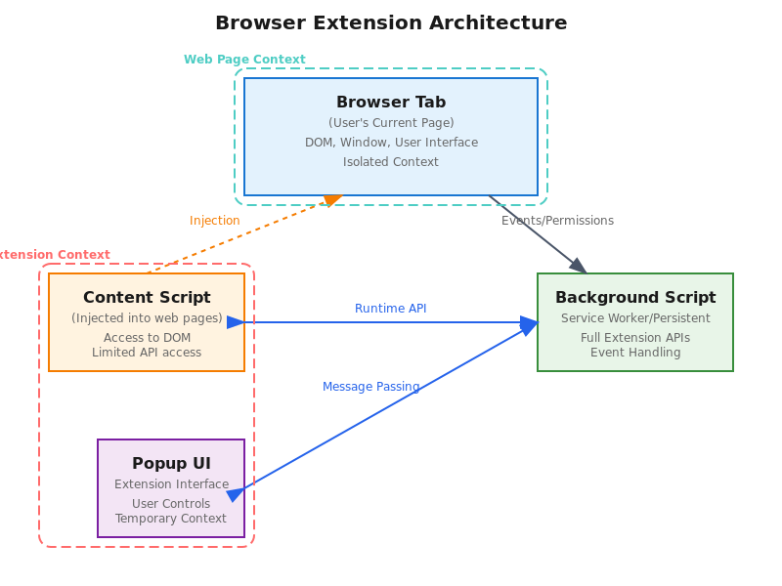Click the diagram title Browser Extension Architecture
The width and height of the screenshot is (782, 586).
click(x=391, y=22)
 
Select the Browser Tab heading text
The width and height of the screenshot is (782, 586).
click(x=391, y=103)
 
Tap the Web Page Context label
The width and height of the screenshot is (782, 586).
click(x=244, y=60)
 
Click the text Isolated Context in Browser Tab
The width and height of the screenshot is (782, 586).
click(x=391, y=162)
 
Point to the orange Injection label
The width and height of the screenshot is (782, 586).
click(x=215, y=221)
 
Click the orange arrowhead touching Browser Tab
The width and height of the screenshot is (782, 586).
click(x=333, y=200)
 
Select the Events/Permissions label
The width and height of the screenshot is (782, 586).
click(x=558, y=221)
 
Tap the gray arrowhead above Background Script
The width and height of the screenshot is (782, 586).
click(x=578, y=265)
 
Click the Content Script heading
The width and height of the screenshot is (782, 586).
click(x=147, y=298)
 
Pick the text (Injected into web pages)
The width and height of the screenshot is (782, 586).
click(x=147, y=318)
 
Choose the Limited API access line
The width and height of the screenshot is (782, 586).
click(x=147, y=353)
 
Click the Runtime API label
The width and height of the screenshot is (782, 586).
click(x=391, y=309)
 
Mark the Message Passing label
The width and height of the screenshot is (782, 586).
click(x=370, y=387)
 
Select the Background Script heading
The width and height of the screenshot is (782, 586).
click(x=635, y=298)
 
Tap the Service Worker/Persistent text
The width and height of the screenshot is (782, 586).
click(x=635, y=318)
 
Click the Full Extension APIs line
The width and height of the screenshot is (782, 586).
click(x=635, y=338)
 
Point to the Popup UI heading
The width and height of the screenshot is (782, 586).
click(x=171, y=464)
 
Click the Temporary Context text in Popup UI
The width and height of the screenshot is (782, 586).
click(x=171, y=519)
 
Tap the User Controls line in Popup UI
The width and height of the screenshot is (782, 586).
click(x=171, y=504)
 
